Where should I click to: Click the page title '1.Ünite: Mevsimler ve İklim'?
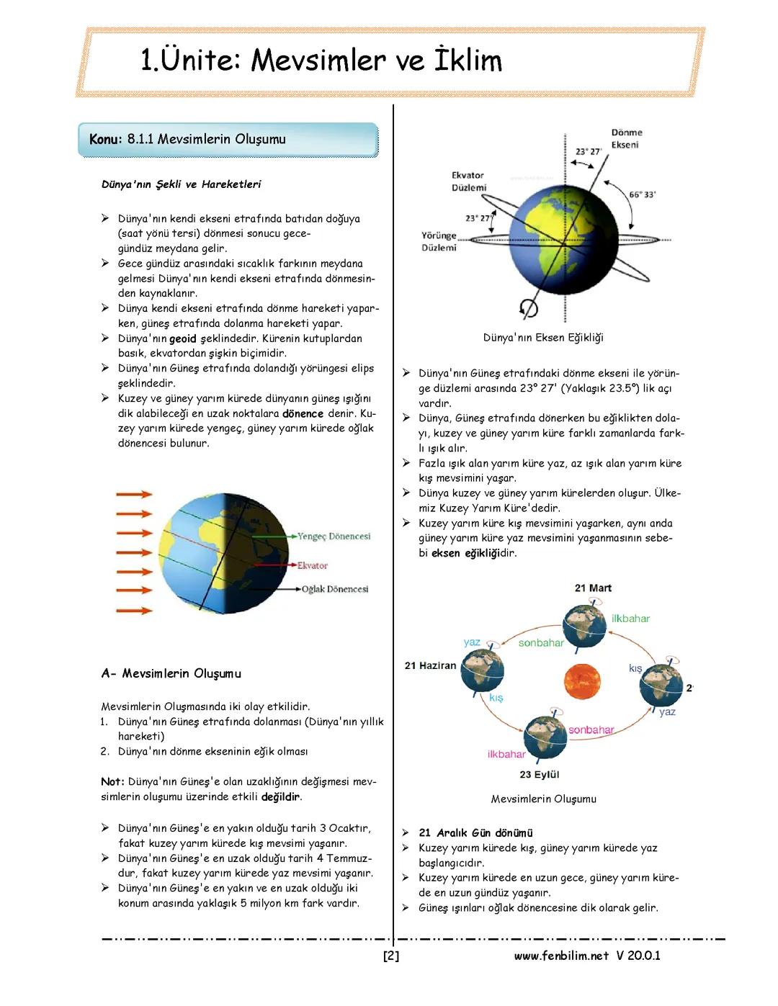click(x=321, y=60)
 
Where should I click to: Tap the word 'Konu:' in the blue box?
click(x=105, y=139)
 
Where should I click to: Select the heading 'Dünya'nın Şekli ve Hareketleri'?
click(x=181, y=184)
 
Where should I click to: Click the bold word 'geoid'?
click(x=182, y=338)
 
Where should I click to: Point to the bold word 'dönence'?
click(x=303, y=413)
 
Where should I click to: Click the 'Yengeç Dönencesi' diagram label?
click(x=334, y=536)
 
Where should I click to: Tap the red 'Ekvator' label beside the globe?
click(x=312, y=565)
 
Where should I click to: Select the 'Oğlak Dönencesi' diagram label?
click(x=335, y=589)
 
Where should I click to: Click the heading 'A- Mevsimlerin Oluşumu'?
click(x=171, y=673)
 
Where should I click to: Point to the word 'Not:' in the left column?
click(x=113, y=781)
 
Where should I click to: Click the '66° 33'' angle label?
click(x=643, y=194)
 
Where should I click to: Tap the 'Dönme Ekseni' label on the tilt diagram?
click(x=625, y=138)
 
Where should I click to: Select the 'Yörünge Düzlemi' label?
click(x=439, y=241)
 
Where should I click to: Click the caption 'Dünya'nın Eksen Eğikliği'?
click(x=543, y=338)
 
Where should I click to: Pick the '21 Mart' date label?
click(x=593, y=588)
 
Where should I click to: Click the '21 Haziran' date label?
click(x=430, y=665)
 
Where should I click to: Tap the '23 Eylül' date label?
click(x=539, y=774)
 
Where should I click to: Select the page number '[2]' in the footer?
click(x=391, y=956)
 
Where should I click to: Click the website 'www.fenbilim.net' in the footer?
click(x=561, y=956)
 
